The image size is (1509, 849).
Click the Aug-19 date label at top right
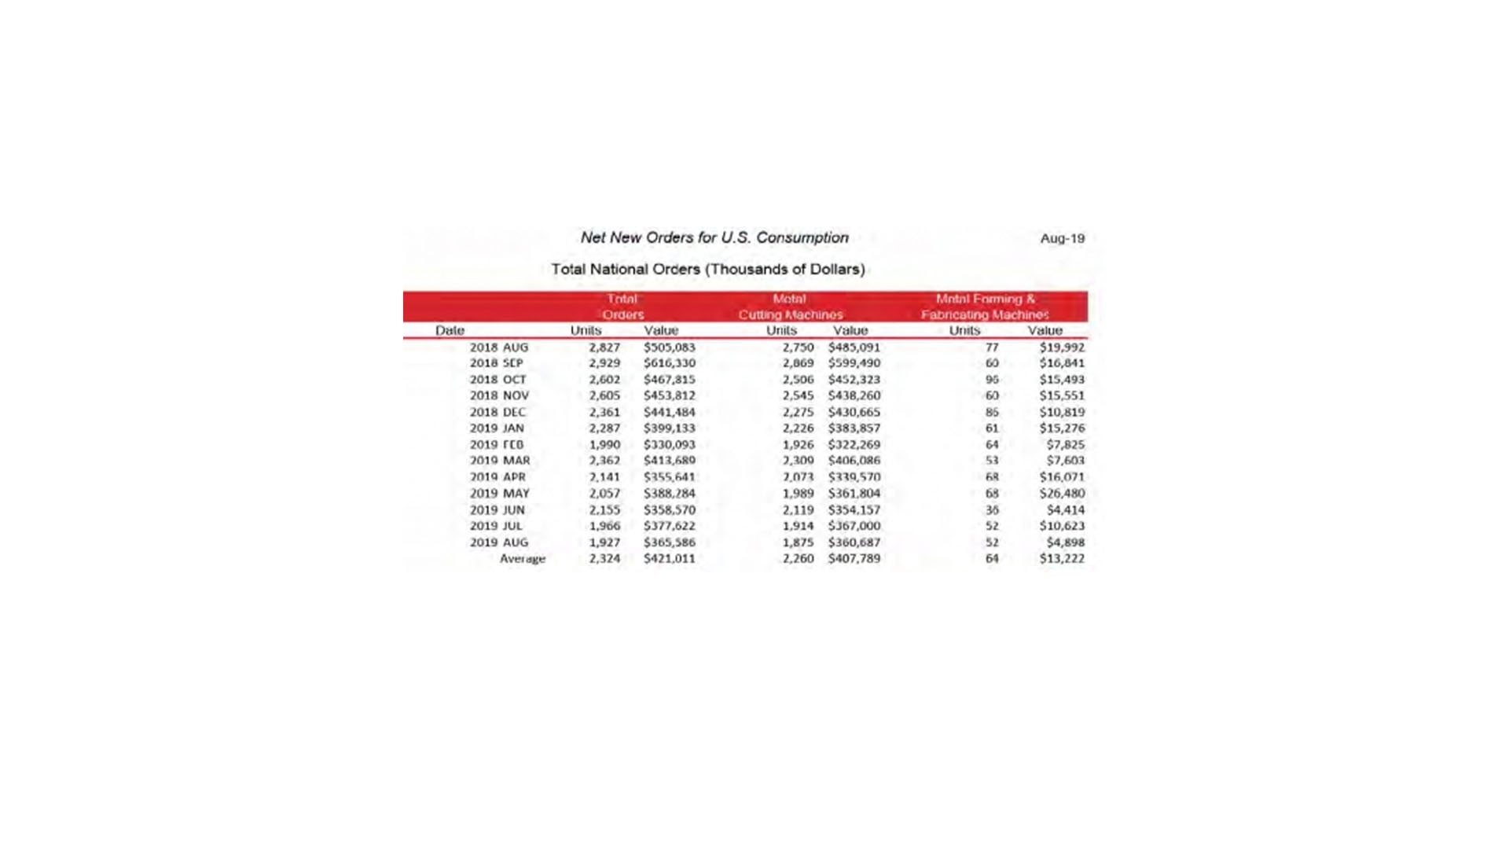(1062, 238)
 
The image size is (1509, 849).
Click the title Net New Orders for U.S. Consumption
(714, 237)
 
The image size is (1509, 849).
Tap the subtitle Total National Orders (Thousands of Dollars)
(707, 269)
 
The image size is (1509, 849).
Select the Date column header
(450, 330)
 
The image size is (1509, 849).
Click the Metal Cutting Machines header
(790, 307)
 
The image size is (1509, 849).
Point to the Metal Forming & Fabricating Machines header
(985, 307)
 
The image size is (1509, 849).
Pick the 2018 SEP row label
(497, 363)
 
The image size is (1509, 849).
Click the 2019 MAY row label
(500, 494)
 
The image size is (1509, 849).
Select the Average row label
(523, 559)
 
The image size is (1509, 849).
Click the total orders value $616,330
(670, 363)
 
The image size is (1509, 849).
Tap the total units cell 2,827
(604, 347)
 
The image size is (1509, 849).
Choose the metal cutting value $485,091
(854, 347)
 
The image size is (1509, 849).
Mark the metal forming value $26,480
(1062, 494)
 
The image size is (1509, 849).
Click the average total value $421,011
(670, 559)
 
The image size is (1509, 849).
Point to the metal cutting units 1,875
(798, 542)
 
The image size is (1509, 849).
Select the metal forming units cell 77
(992, 347)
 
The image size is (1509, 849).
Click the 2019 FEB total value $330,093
(670, 445)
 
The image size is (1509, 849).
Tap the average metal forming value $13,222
(1062, 559)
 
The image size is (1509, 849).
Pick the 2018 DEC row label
(498, 412)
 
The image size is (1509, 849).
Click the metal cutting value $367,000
(854, 526)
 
